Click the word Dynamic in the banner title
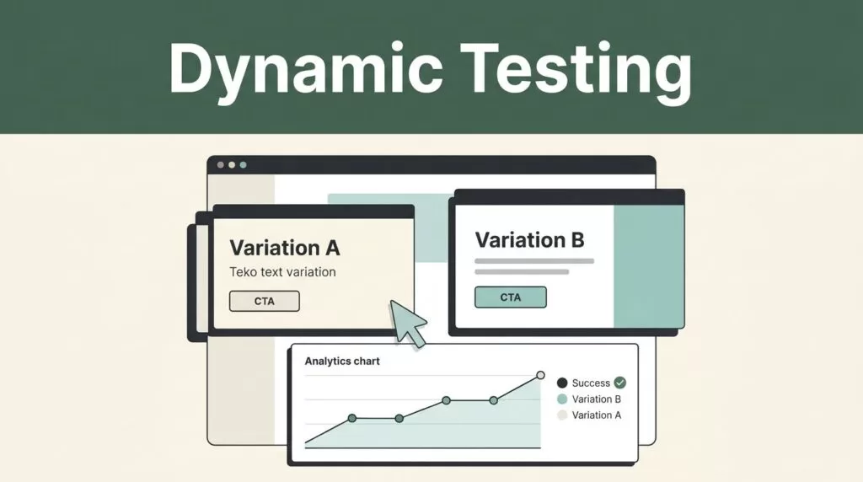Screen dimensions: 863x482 (x=305, y=70)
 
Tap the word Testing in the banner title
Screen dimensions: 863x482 (x=576, y=70)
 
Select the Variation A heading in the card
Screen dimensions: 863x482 (x=285, y=248)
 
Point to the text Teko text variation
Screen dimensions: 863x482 (x=282, y=272)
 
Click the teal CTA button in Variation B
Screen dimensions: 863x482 (x=510, y=297)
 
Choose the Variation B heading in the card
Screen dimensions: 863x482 (x=529, y=240)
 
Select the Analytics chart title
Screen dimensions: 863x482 (x=342, y=361)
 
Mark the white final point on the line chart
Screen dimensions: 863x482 (x=540, y=375)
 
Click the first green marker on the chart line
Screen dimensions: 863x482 (x=352, y=418)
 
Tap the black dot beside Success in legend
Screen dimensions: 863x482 (x=562, y=383)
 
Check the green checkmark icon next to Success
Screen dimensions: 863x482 (x=619, y=383)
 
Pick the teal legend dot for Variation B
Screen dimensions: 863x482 (x=562, y=399)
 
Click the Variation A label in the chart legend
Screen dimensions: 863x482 (x=596, y=415)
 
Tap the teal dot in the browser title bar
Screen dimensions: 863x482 (x=244, y=165)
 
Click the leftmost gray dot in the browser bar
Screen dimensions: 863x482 (x=221, y=165)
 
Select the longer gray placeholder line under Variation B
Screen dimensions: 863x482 (x=534, y=261)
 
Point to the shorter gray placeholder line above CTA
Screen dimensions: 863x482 (x=522, y=272)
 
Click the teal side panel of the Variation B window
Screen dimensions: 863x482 (x=649, y=266)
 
